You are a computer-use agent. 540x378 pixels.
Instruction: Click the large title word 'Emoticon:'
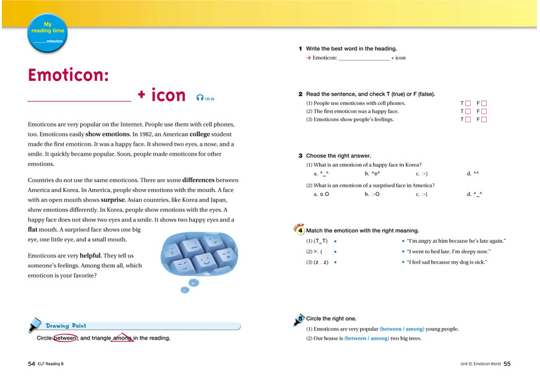click(69, 75)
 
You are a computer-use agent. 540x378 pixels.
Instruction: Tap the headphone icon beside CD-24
click(199, 97)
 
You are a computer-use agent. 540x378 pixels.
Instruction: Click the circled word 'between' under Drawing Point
click(65, 338)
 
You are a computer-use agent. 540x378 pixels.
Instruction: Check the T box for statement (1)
click(468, 103)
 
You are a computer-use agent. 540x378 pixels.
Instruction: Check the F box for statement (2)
click(484, 111)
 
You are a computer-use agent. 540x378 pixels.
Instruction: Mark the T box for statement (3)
click(468, 119)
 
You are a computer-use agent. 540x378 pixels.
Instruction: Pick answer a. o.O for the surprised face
click(321, 195)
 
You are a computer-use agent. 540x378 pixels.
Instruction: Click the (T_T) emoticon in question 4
click(320, 241)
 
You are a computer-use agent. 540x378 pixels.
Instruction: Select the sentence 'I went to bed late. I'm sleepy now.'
click(448, 251)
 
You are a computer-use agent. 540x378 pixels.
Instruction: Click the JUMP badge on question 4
click(296, 228)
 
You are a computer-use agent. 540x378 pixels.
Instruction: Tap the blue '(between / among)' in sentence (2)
click(366, 338)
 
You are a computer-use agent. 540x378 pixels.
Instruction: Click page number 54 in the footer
click(31, 364)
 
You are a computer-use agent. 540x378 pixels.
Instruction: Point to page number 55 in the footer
click(507, 364)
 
